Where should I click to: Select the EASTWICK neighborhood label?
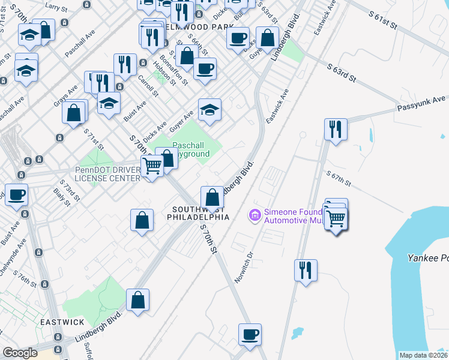click(62, 322)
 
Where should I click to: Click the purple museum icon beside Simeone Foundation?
click(255, 214)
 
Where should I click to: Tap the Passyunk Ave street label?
click(421, 103)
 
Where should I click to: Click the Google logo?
click(20, 353)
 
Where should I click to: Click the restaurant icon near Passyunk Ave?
click(335, 128)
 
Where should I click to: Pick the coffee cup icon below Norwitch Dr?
click(250, 334)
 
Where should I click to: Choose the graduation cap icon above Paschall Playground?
click(209, 110)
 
